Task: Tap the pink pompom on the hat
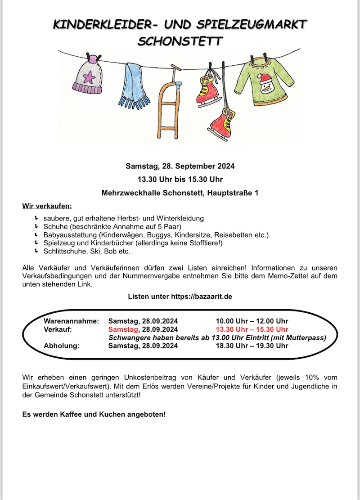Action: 94,59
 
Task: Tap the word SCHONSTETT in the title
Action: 180,41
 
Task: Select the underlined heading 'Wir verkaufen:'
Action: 47,207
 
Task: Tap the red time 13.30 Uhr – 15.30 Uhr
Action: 252,329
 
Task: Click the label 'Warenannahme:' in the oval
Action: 71,321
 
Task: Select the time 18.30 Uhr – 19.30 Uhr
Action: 252,346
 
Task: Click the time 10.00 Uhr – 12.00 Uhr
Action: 252,321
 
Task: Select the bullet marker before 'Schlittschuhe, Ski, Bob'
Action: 36,251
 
